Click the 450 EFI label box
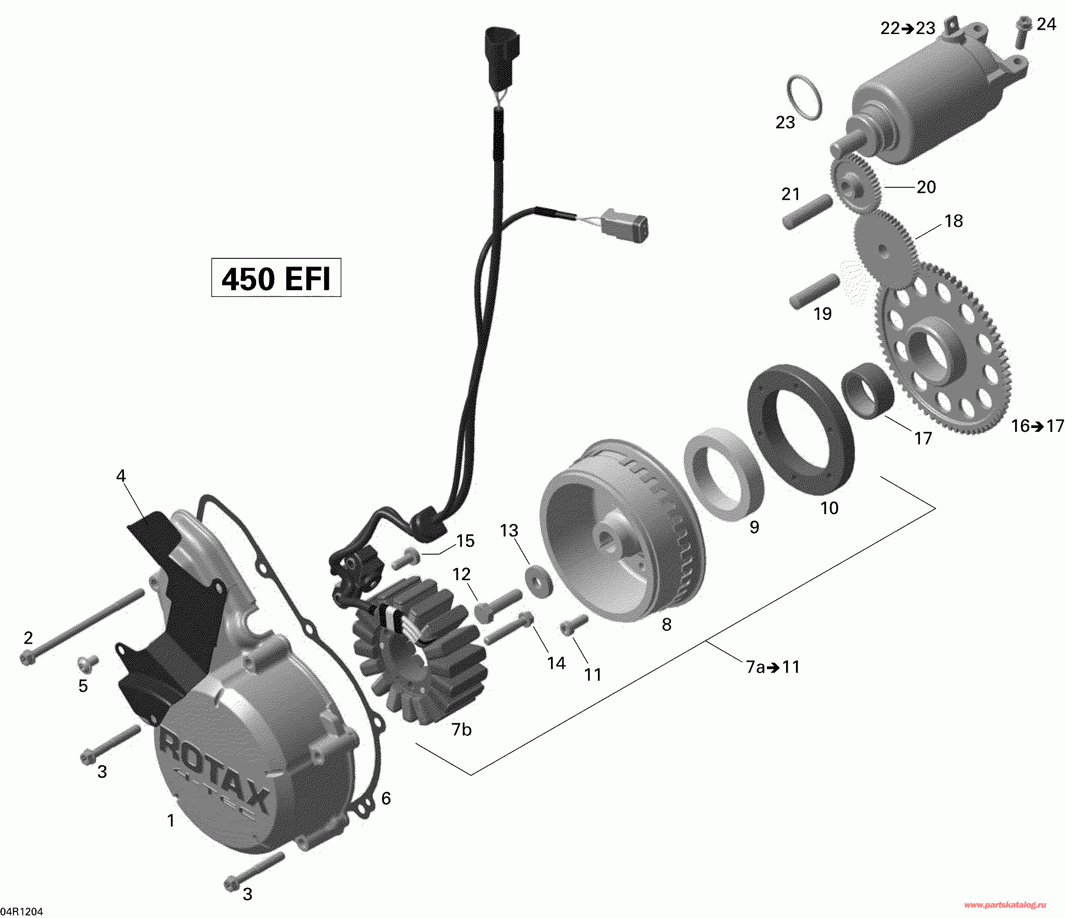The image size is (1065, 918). [276, 278]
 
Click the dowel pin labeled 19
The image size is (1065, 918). [815, 291]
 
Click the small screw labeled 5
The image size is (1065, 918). [88, 664]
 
